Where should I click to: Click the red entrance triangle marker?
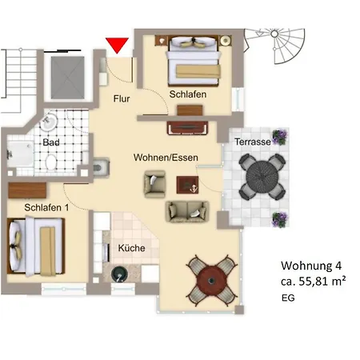click(x=118, y=45)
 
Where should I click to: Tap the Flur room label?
click(x=121, y=99)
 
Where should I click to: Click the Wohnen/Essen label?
click(x=166, y=158)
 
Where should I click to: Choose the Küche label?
click(x=131, y=248)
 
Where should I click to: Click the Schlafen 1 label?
click(x=46, y=208)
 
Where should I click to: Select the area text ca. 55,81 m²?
click(x=313, y=282)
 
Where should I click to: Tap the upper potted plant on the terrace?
click(x=279, y=136)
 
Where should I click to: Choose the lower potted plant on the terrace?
click(x=279, y=218)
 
